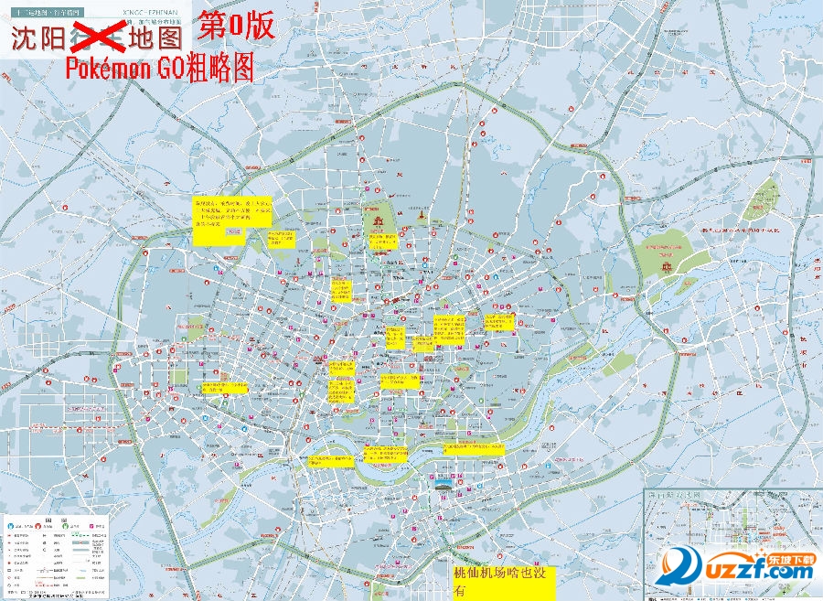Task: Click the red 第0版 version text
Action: click(x=236, y=25)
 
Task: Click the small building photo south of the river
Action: click(x=443, y=484)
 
